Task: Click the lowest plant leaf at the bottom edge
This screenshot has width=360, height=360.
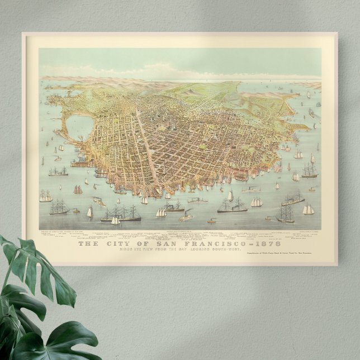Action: (x=61, y=344)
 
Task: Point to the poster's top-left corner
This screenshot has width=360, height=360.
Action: (x=22, y=33)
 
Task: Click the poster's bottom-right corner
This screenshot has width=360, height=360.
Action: (x=337, y=265)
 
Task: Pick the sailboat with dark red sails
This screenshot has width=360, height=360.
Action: (x=78, y=190)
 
